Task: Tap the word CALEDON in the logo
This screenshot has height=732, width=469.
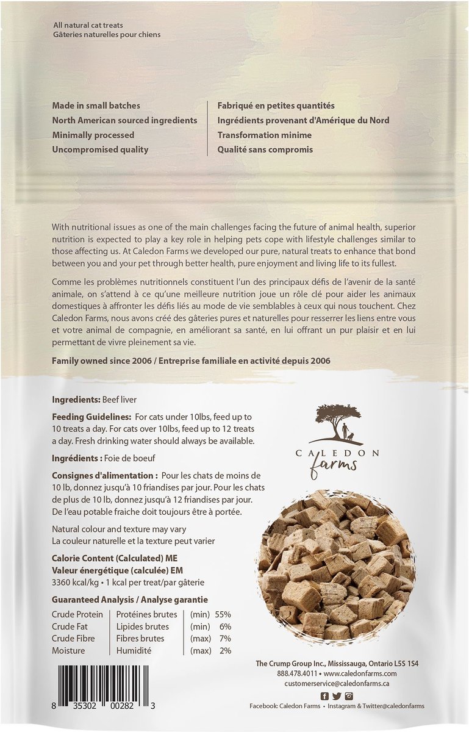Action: pos(344,453)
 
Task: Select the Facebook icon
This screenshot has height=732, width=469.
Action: pos(324,696)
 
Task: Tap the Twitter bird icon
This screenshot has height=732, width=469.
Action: pos(337,696)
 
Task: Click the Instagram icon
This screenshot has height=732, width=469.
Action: pos(349,696)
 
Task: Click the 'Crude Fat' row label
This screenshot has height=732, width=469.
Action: pos(72,626)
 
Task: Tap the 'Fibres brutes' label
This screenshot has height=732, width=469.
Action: pos(140,639)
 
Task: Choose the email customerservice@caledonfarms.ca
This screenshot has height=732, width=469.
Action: pos(341,684)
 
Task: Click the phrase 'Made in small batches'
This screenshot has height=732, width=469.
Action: pos(96,106)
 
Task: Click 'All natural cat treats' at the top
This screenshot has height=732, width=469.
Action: pos(88,25)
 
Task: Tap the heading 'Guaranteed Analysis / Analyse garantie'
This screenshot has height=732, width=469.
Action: pos(130,600)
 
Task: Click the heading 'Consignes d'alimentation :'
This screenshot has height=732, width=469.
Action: pos(105,475)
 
